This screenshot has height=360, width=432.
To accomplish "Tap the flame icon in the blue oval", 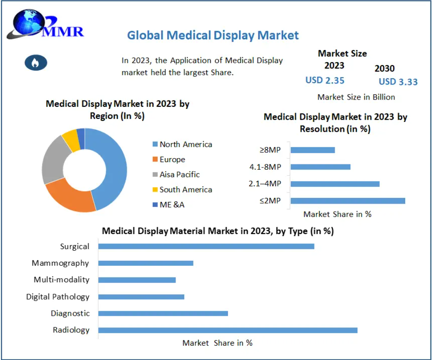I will (36, 63).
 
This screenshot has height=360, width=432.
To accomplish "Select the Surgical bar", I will (206, 246).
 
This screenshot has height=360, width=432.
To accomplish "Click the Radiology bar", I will (227, 330).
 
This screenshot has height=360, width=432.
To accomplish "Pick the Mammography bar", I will (146, 263).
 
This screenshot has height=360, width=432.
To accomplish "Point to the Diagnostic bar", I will (163, 314).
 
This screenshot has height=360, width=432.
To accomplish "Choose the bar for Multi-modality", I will (137, 280).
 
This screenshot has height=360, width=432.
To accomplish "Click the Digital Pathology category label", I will (58, 297).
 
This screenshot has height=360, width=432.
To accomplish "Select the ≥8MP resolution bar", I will (312, 150).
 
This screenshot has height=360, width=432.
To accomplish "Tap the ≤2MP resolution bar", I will (348, 201).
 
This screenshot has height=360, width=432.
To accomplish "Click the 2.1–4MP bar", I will (335, 184).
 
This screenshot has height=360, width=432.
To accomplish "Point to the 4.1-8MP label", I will (265, 167).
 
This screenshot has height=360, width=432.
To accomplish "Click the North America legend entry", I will (185, 144).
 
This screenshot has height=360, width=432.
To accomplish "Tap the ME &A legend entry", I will (172, 205).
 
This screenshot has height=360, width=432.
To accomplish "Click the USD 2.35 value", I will (325, 80).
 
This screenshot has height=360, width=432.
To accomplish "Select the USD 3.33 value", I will (398, 82).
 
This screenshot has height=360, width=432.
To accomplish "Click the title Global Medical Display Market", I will (213, 35).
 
